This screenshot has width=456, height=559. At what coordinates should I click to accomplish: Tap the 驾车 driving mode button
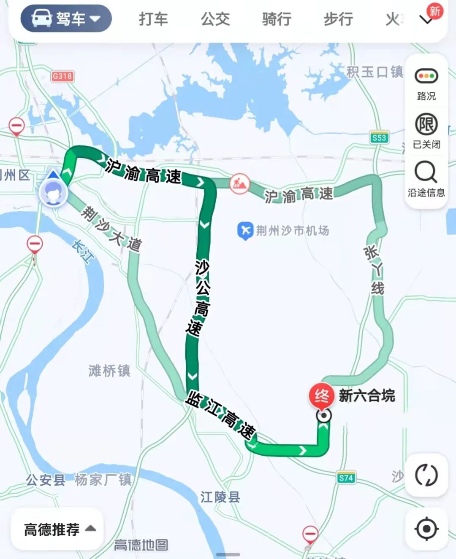(66, 19)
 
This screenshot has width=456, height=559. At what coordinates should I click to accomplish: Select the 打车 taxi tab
(153, 19)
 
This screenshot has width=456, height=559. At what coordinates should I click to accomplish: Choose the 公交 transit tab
(215, 19)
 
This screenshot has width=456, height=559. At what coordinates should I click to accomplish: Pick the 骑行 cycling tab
(277, 19)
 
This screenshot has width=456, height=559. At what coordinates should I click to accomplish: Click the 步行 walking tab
(338, 19)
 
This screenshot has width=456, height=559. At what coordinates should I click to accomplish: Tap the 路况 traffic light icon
(426, 77)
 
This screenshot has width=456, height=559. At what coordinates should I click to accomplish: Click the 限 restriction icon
(426, 125)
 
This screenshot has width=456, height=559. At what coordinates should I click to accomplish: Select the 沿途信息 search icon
(426, 172)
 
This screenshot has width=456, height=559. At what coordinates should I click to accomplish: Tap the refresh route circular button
(426, 475)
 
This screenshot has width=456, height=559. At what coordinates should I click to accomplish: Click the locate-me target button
(426, 529)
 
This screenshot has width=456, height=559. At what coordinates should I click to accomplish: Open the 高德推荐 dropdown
(59, 529)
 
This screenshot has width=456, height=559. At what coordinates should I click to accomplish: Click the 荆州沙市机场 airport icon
(245, 231)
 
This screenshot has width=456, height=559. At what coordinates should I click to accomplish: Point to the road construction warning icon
(239, 183)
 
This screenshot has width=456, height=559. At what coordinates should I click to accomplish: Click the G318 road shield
(62, 76)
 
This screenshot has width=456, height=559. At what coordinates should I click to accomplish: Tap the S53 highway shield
(379, 137)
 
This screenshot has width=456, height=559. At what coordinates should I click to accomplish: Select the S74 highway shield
(346, 478)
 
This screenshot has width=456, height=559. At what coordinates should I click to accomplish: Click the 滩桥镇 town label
(109, 371)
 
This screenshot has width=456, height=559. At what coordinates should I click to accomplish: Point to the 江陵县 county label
(220, 497)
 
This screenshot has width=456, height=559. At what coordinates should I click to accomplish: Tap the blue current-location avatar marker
(53, 193)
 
